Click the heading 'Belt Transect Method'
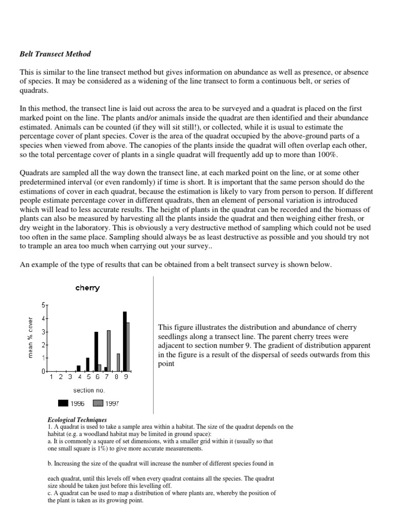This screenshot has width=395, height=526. [55, 53]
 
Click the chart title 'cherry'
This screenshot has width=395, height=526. [87, 288]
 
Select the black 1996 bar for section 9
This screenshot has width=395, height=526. [124, 341]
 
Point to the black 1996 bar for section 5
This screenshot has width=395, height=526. [87, 364]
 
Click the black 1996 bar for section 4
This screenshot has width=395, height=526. [79, 368]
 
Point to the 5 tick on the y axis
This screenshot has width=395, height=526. [43, 305]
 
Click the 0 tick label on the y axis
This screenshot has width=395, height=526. [43, 371]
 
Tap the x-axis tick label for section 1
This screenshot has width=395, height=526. [51, 377]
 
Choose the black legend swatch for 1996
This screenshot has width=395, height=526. [64, 403]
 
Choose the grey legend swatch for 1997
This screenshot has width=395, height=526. [99, 403]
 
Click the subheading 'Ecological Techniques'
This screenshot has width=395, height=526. [77, 420]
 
